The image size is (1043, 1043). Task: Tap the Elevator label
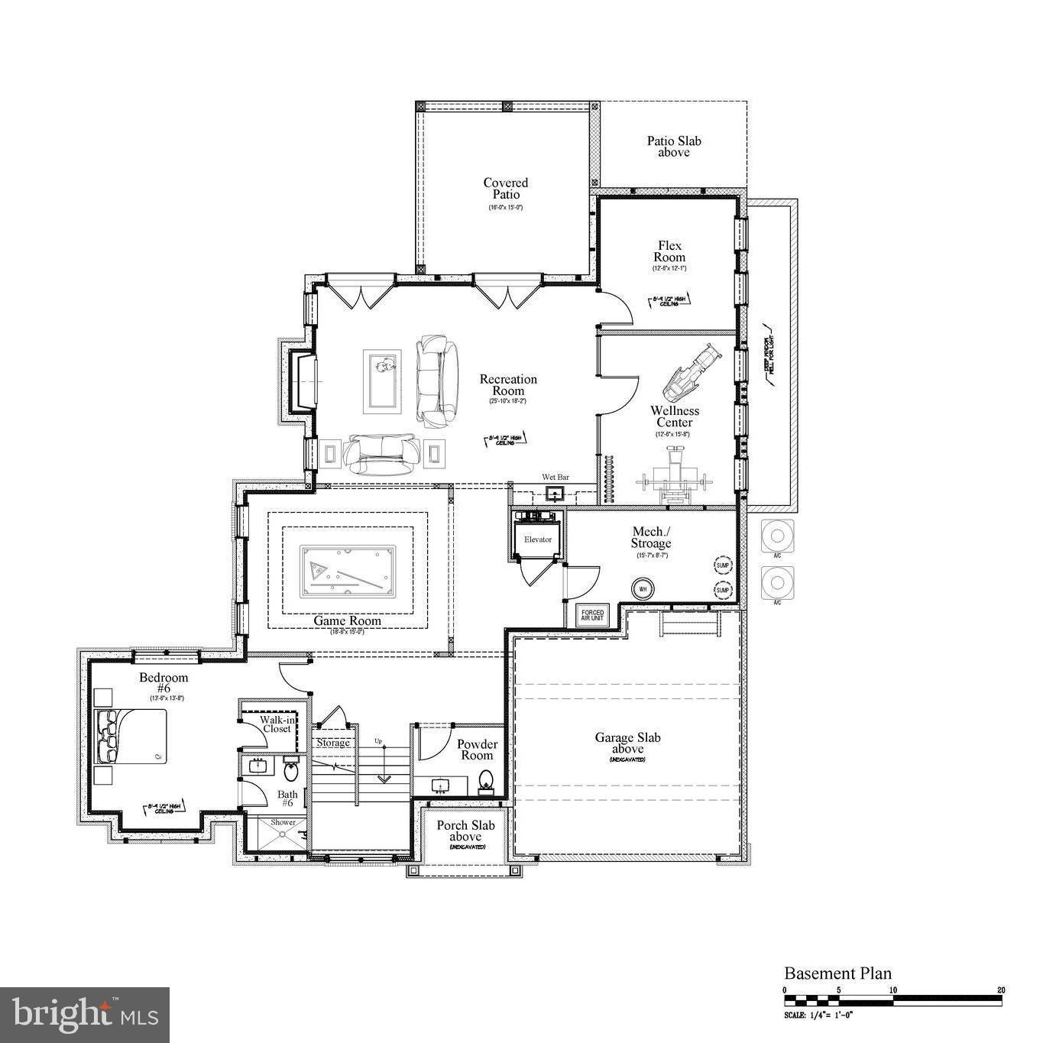[x=538, y=539]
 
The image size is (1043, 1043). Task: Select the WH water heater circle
[x=643, y=590]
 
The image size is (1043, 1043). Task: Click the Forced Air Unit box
[x=592, y=615]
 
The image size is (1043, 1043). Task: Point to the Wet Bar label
[x=556, y=478]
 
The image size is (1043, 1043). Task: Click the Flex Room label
[x=669, y=251]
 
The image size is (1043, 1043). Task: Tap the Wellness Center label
[x=675, y=416]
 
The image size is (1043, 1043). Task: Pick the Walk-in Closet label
[x=276, y=724]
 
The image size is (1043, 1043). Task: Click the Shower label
[x=283, y=823]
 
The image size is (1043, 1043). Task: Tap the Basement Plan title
[x=837, y=973]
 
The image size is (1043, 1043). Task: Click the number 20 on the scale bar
[x=1000, y=990]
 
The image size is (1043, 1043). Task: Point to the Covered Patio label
[x=506, y=189]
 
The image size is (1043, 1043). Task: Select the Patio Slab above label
[x=674, y=147]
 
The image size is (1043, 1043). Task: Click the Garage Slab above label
[x=627, y=743]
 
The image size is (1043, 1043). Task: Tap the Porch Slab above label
[x=465, y=831]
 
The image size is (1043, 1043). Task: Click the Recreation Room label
[x=508, y=385]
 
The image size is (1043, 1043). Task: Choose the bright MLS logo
[x=85, y=1015]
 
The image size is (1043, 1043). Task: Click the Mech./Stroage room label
[x=651, y=538]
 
